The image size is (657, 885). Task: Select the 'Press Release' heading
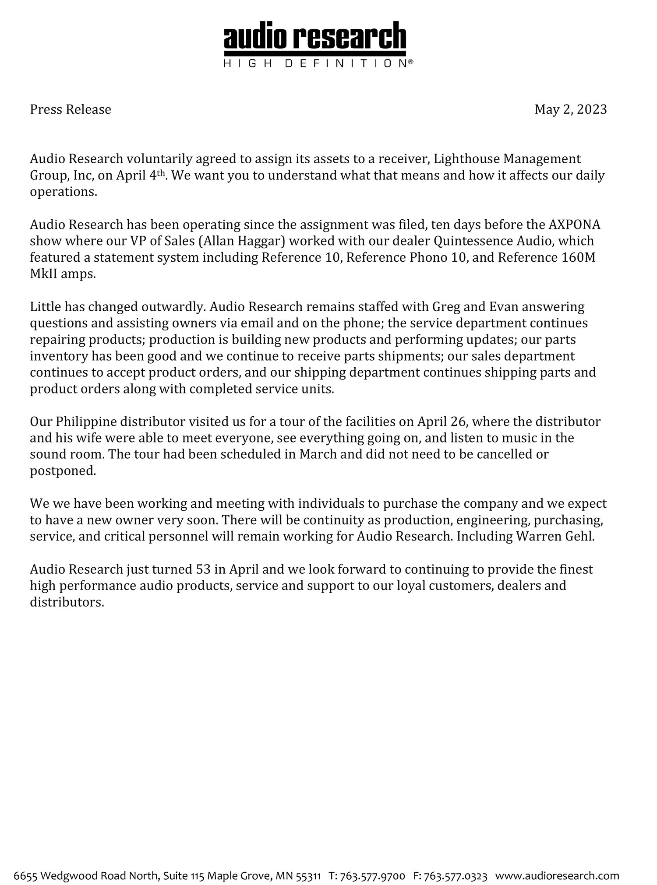pos(71,109)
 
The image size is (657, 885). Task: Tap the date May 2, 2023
pos(570,109)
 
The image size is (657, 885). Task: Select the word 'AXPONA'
pos(574,225)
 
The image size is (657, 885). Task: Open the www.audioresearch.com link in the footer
pos(557,864)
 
